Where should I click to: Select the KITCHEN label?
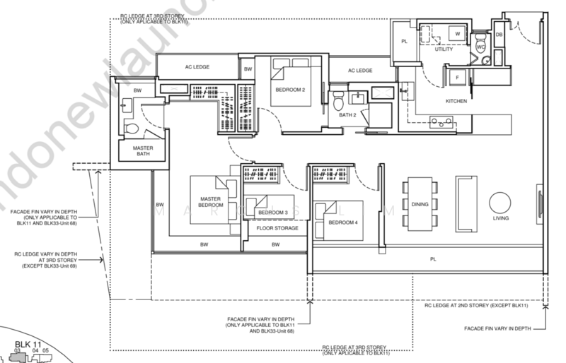(456, 102)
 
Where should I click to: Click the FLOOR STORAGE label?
(272, 229)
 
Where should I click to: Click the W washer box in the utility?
(457, 33)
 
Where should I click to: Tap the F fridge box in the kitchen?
(457, 76)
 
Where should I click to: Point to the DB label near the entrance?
(499, 35)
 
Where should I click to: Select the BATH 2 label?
(347, 114)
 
